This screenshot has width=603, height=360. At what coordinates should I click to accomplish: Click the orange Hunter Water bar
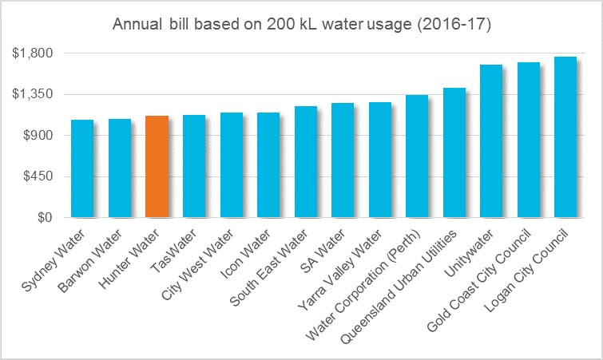(x=157, y=167)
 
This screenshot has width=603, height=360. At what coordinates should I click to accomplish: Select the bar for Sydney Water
(x=82, y=168)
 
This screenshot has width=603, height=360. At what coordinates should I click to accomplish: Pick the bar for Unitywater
(x=491, y=141)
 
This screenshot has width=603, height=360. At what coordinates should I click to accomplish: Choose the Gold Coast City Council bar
(x=528, y=140)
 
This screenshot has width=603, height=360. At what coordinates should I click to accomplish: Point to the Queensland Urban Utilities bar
(x=454, y=152)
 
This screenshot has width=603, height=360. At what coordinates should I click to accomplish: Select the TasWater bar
(x=194, y=166)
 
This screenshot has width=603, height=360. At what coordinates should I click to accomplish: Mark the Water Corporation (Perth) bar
(x=417, y=156)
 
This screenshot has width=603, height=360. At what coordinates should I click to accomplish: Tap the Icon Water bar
(x=268, y=165)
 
